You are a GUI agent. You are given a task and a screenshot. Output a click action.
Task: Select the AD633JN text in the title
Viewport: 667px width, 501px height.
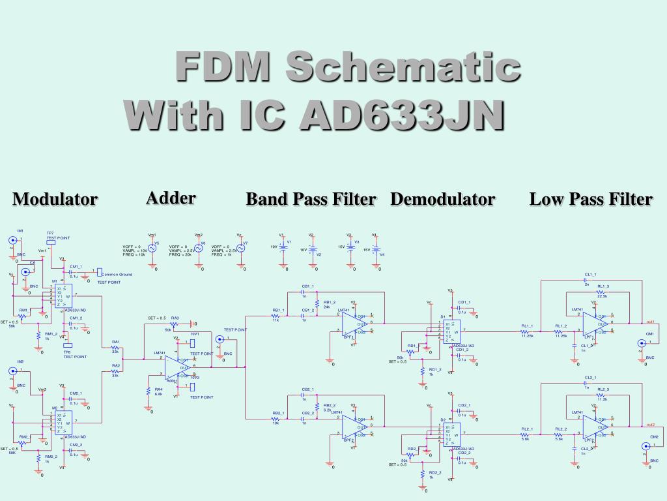[402, 115]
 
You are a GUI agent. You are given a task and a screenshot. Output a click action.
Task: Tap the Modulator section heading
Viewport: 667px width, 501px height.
[55, 199]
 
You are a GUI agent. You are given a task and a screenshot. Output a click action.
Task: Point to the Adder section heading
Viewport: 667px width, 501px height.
[171, 198]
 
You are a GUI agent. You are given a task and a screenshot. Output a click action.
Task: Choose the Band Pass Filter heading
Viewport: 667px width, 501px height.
[311, 199]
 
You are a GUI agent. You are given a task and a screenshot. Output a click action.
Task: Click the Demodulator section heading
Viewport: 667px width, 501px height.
[443, 199]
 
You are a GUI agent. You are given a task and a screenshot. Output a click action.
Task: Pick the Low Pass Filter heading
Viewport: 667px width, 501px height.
[591, 199]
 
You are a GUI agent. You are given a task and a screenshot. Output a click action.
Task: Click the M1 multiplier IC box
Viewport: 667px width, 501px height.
[64, 296]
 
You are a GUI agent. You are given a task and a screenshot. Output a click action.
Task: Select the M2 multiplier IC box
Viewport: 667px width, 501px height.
[64, 423]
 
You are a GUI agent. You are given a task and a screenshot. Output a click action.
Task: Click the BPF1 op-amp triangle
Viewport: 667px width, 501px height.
[354, 322]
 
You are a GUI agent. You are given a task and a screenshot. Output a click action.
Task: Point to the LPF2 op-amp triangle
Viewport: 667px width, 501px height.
[593, 428]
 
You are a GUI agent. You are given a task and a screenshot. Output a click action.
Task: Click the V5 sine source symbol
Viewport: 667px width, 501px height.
[152, 249]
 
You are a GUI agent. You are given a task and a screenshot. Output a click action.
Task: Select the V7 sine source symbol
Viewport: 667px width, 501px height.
[240, 249]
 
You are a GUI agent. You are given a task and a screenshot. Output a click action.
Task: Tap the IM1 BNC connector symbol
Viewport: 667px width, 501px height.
[12, 241]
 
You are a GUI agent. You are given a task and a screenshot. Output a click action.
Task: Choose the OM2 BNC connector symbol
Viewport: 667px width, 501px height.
[646, 447]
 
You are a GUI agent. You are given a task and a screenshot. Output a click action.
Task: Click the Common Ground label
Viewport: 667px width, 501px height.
[117, 275]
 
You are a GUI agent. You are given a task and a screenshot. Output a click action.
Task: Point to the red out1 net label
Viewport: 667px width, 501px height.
[649, 322]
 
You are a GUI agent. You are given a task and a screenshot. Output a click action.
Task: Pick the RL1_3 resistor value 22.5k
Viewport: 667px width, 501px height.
[602, 296]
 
